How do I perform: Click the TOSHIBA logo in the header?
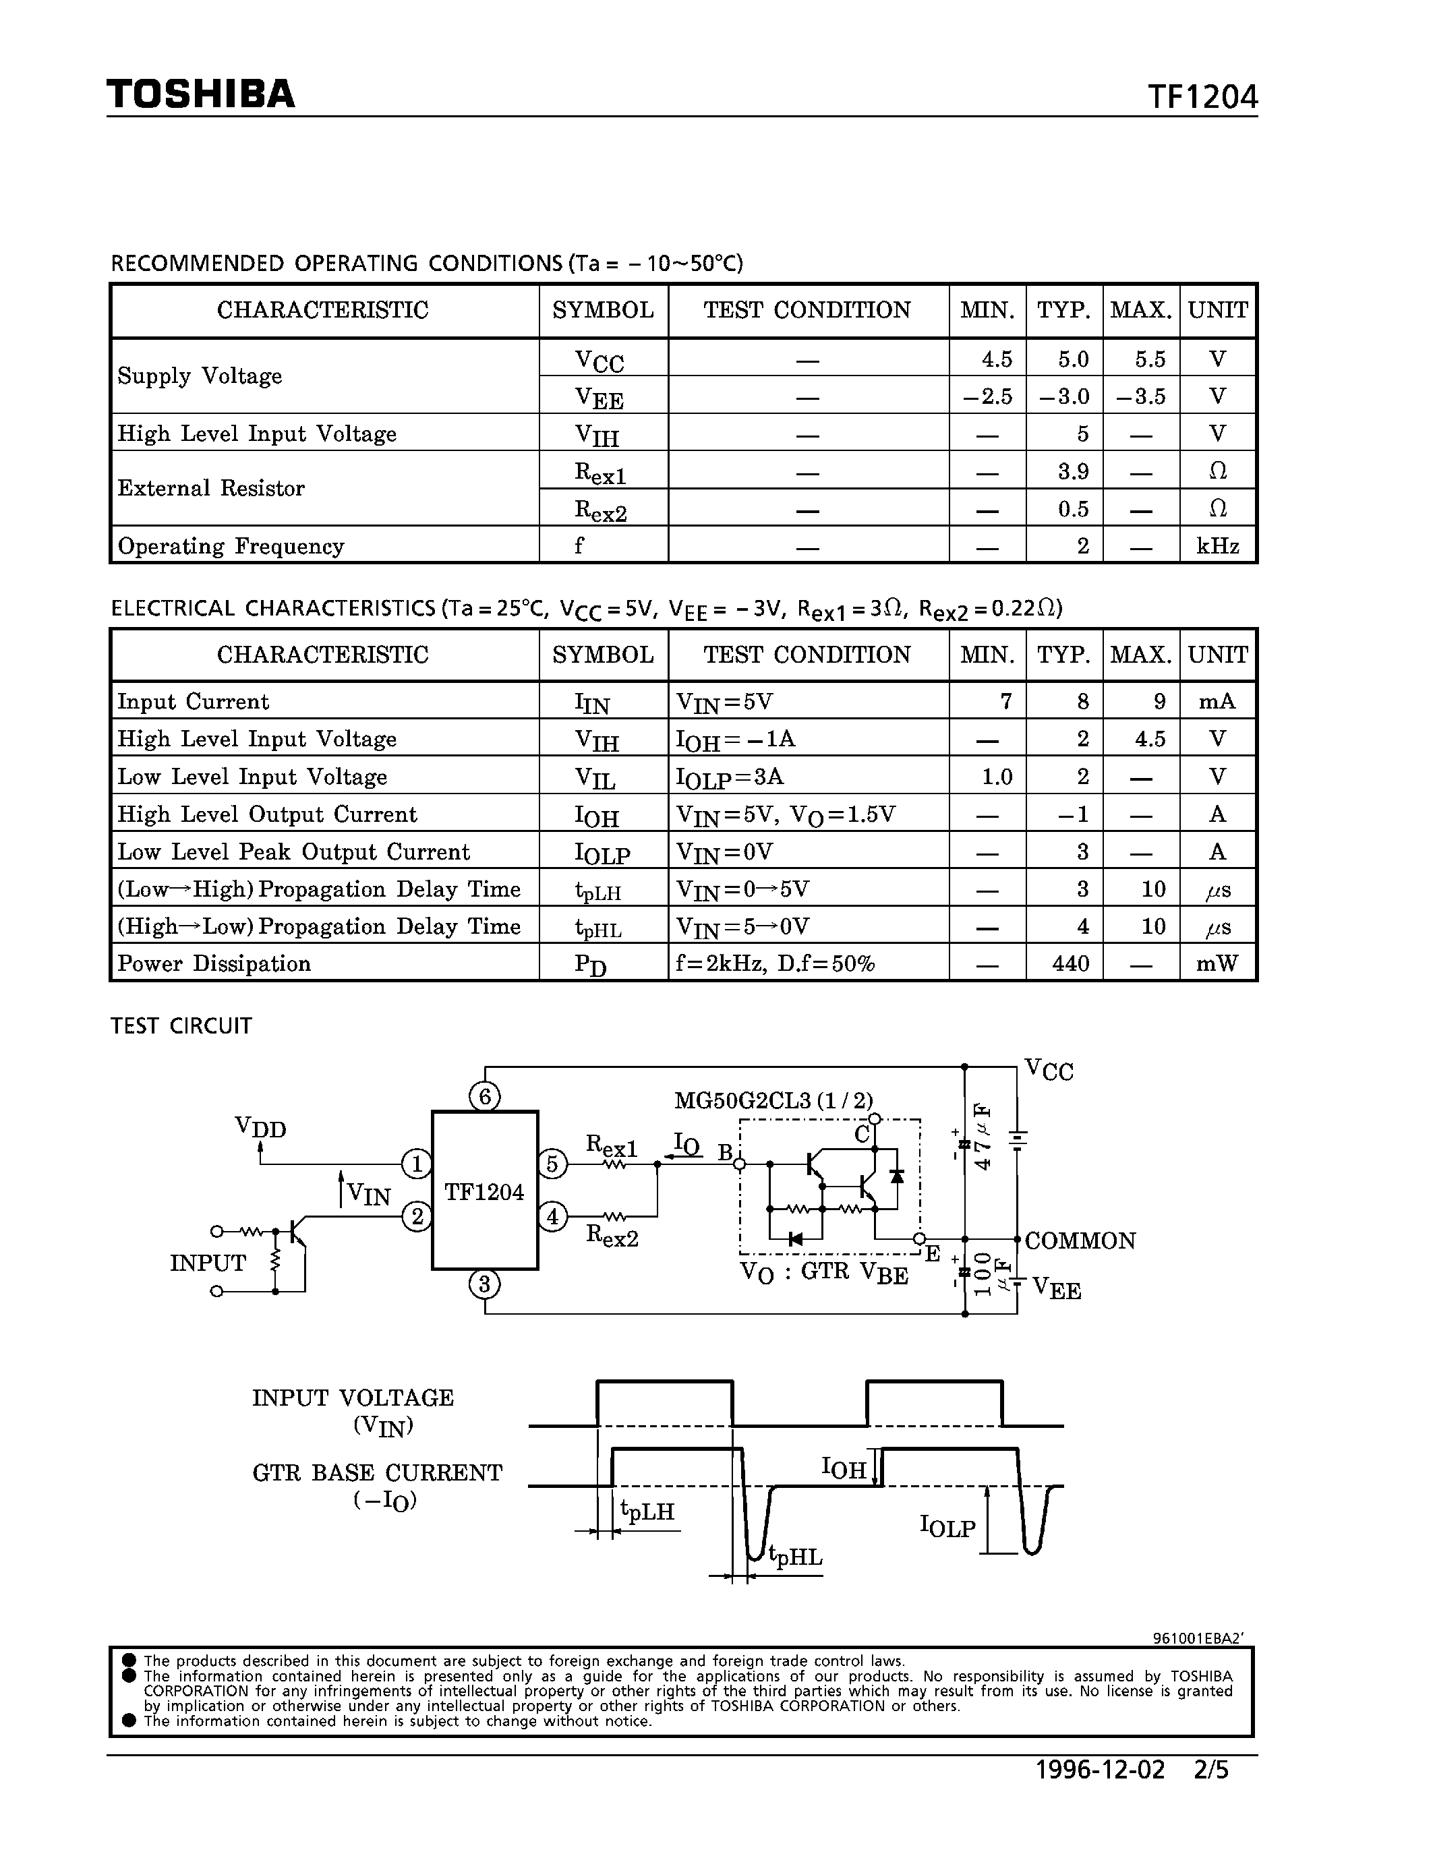[x=200, y=94]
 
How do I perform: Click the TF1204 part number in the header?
[x=1202, y=98]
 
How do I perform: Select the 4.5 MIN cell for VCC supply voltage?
[x=997, y=359]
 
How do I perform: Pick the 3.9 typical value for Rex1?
[x=1073, y=471]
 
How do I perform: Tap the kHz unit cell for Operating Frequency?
[x=1217, y=546]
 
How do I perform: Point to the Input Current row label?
[x=193, y=702]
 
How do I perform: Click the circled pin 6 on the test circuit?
[x=485, y=1097]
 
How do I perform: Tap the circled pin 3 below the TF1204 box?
[x=485, y=1284]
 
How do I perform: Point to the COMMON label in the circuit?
[x=1080, y=1241]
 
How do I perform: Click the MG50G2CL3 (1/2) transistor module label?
[x=773, y=1101]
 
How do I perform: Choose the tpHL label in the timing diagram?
[x=796, y=1557]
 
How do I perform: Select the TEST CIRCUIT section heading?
[x=181, y=1026]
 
